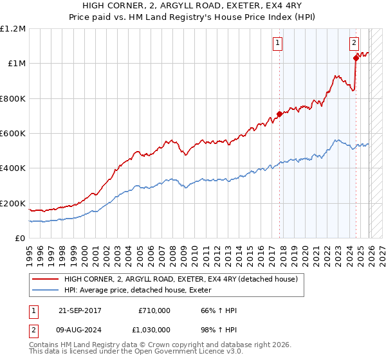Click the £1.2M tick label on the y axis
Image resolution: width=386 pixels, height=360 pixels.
[x=13, y=29]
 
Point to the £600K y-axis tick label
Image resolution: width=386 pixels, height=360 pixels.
[x=13, y=134]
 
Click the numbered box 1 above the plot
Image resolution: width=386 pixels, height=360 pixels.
[x=278, y=44]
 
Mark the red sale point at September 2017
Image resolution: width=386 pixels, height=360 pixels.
[x=279, y=114]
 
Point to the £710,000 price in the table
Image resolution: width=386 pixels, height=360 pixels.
[x=154, y=310]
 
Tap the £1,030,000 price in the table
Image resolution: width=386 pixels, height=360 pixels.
[x=151, y=330]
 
